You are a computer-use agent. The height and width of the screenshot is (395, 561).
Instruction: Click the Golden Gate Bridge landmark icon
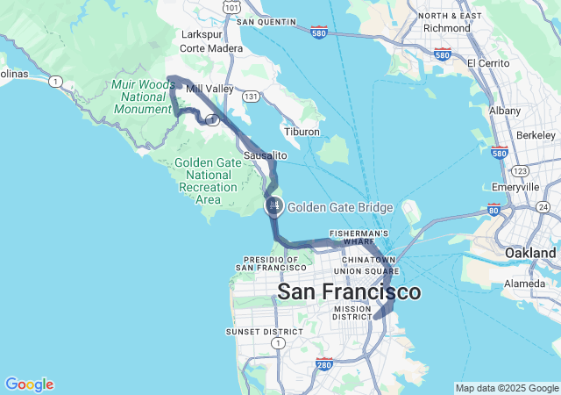(274, 205)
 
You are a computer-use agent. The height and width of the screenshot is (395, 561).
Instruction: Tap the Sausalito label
(266, 154)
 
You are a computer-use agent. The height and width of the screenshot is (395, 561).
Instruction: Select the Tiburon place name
(302, 132)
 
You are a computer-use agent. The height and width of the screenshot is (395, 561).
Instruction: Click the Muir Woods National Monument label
(144, 97)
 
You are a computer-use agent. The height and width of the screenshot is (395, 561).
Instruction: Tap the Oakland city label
(529, 253)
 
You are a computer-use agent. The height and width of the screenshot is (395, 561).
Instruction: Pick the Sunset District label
(264, 332)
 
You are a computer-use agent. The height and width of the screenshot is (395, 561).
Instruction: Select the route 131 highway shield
(252, 96)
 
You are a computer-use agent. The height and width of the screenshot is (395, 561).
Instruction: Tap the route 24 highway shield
(543, 206)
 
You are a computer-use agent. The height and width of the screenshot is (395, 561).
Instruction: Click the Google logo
(29, 384)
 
